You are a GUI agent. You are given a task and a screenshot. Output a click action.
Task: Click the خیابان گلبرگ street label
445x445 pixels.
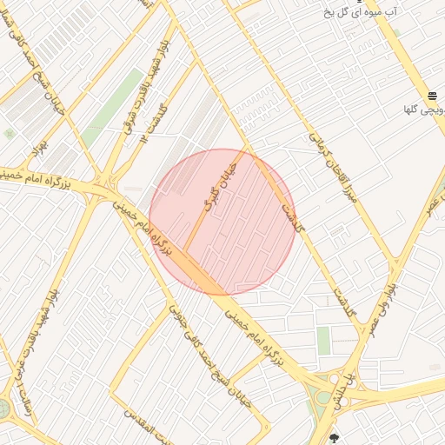(x=220, y=186)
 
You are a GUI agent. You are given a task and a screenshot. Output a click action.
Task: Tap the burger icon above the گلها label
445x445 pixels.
(x=432, y=96)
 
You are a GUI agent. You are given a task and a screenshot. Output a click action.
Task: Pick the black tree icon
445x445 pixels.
(x=335, y=438)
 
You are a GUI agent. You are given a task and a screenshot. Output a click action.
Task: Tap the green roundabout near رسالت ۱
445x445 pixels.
(x=3, y=408)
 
